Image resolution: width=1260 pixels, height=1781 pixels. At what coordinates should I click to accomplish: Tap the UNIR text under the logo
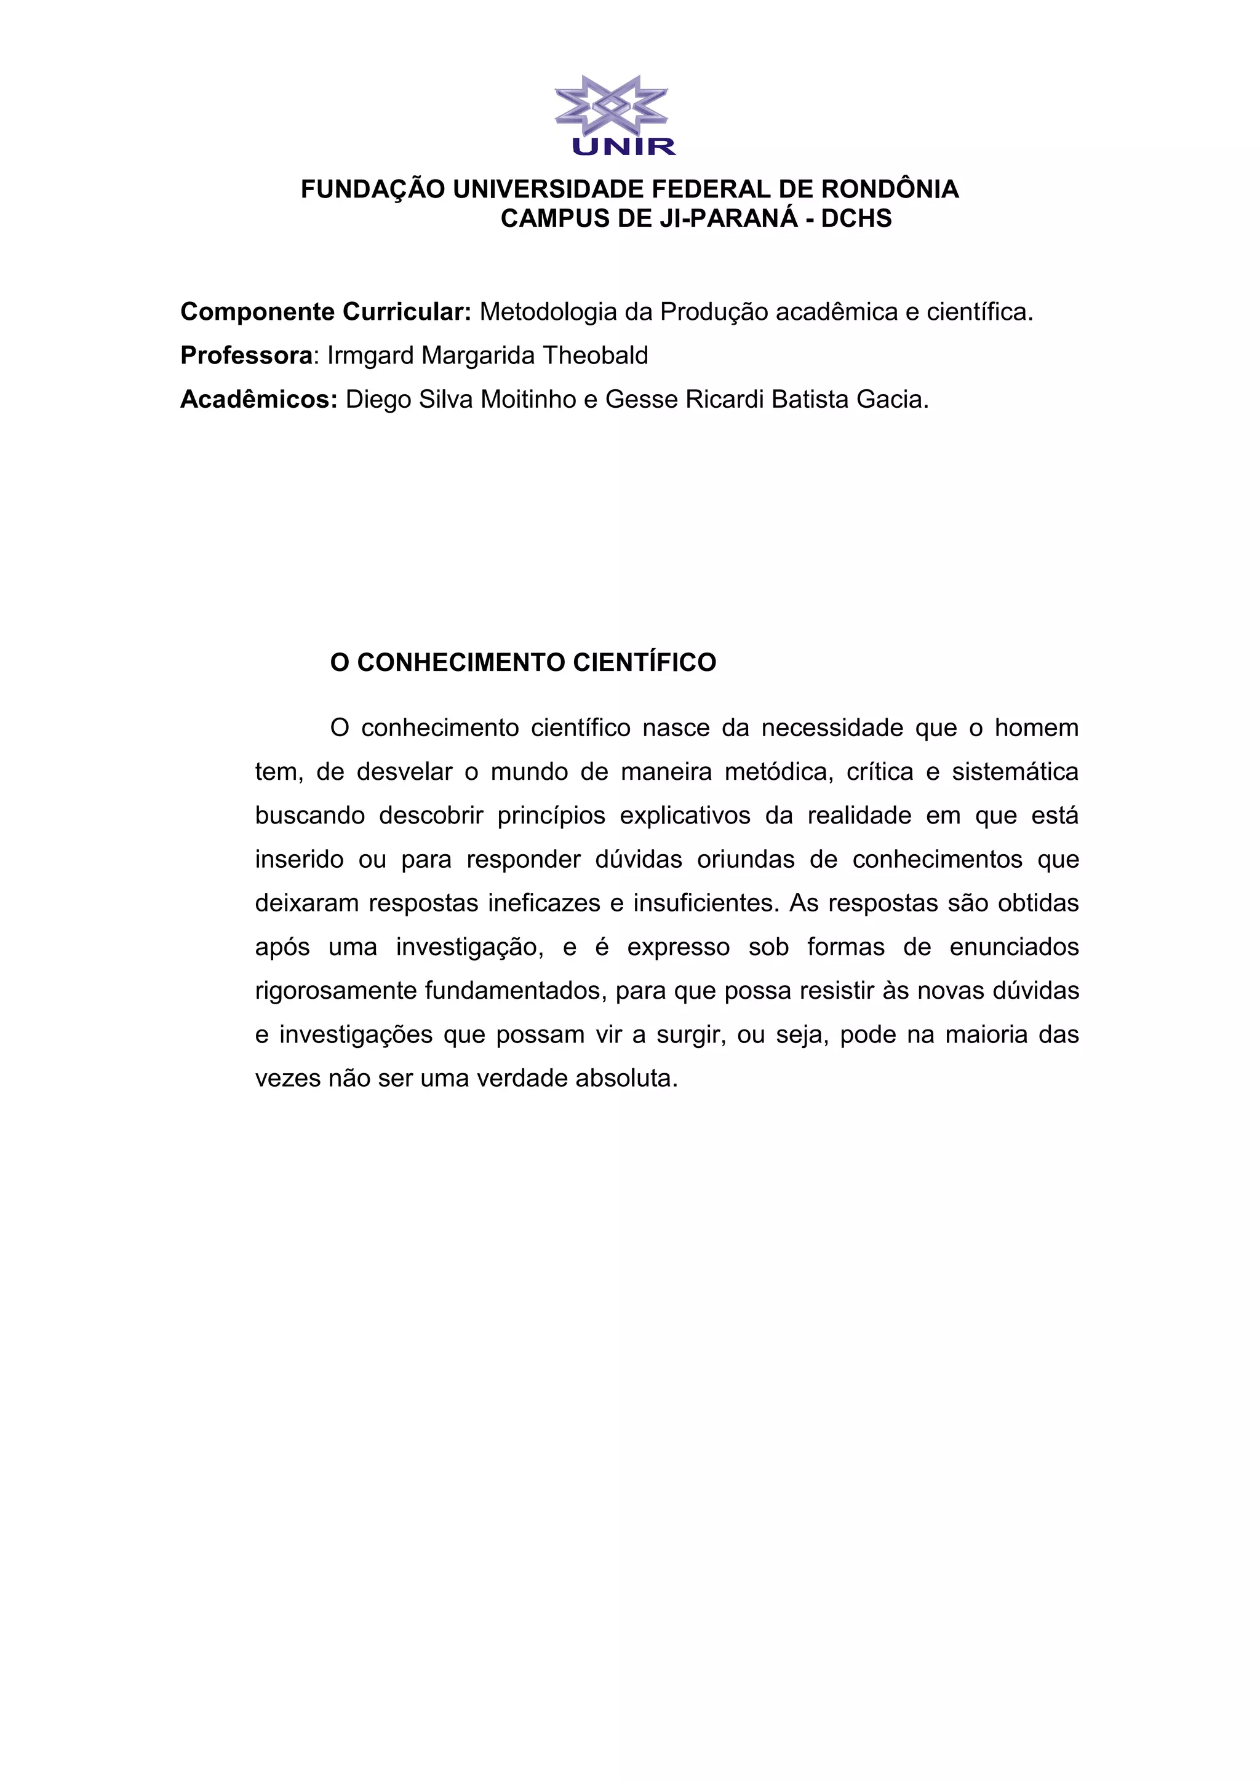(x=624, y=146)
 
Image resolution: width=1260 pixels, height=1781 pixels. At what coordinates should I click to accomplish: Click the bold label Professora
(x=246, y=355)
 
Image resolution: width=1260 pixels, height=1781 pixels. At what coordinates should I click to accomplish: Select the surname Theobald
(x=595, y=355)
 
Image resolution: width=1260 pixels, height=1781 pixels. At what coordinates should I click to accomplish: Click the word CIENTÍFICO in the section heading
(x=644, y=662)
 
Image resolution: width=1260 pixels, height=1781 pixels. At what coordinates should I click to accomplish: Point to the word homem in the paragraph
(x=1037, y=728)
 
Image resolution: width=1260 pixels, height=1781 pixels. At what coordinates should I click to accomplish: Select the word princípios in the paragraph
(x=551, y=816)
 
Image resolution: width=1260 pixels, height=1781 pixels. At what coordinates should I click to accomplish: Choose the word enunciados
(x=1014, y=947)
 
